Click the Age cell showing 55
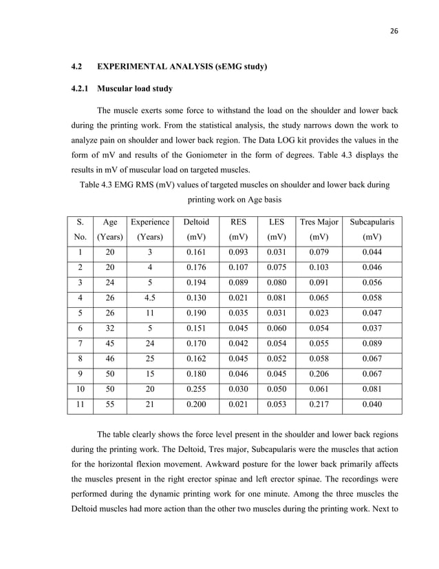[x=109, y=404]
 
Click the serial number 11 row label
[x=80, y=404]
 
